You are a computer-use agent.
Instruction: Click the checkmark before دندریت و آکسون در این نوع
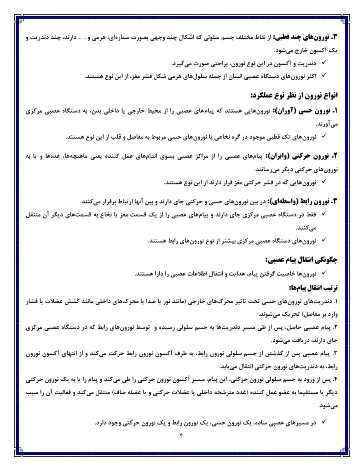coord(324,63)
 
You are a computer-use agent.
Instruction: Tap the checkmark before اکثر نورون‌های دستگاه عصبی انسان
coord(324,76)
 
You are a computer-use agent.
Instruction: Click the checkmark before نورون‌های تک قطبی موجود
coord(324,137)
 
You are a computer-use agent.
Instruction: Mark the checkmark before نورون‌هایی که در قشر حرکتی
coord(324,182)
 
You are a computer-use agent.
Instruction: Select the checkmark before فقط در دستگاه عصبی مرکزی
coord(324,214)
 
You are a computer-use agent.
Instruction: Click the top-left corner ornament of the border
coord(18,18)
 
